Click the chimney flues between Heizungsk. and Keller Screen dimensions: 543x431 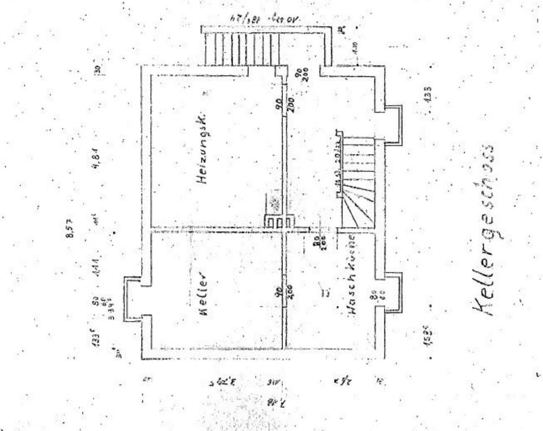point(279,222)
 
